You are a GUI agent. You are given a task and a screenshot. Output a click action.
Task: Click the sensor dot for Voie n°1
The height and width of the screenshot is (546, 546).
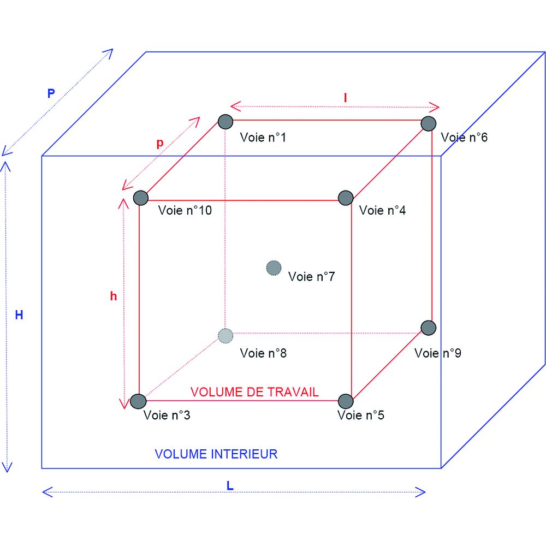(225, 121)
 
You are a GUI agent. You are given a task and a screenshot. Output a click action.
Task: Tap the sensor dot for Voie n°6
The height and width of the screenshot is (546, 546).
(429, 123)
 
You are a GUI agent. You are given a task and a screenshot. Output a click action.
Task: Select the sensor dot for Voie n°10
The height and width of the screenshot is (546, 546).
(141, 198)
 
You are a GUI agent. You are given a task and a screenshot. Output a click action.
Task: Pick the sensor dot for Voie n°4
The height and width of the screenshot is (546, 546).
(346, 198)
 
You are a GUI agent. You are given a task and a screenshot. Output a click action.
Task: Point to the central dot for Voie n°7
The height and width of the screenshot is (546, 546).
(274, 268)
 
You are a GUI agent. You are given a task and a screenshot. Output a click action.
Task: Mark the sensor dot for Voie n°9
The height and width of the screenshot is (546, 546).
(429, 328)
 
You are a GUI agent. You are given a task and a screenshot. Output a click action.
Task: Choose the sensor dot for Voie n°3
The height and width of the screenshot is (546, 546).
(138, 401)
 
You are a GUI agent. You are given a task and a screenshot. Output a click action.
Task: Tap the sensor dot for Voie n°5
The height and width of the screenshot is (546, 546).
(346, 401)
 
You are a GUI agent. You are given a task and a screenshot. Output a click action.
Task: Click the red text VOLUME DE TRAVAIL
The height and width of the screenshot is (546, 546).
(254, 392)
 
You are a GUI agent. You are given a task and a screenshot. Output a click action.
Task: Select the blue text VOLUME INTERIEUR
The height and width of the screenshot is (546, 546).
(216, 454)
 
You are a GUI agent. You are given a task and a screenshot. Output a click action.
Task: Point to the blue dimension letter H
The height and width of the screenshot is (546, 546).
(19, 315)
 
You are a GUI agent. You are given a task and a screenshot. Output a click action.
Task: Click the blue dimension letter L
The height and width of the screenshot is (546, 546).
(230, 485)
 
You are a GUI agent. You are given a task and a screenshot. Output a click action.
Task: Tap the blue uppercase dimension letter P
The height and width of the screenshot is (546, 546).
(51, 93)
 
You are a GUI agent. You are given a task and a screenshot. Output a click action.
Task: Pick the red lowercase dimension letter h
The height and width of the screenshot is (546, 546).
(114, 296)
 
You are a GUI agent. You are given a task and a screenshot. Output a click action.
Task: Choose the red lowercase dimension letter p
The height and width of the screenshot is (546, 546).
(159, 143)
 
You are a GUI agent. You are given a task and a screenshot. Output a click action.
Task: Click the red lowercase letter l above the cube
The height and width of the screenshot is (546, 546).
(345, 98)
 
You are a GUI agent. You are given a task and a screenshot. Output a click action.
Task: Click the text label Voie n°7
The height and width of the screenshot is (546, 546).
(311, 276)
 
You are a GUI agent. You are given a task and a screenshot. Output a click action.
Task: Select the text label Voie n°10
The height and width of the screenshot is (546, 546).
(185, 210)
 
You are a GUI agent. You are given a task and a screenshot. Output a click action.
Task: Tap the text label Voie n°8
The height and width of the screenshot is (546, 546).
(263, 353)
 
